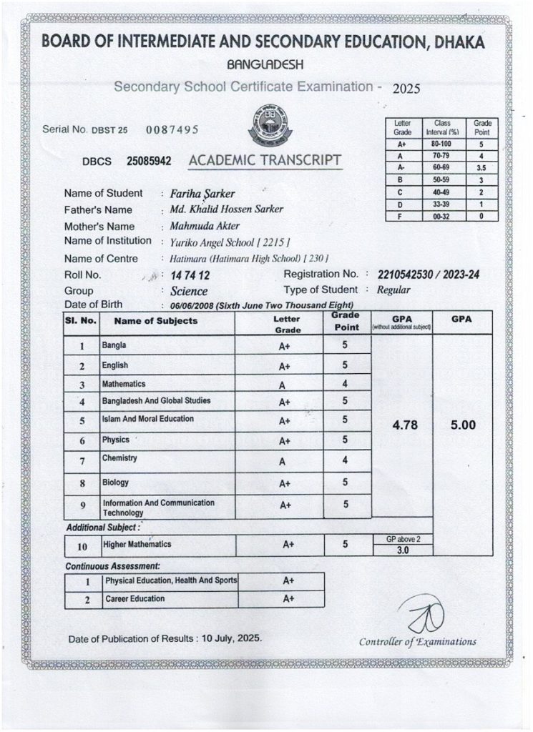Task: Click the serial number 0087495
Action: click(172, 130)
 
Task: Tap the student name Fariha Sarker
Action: click(198, 194)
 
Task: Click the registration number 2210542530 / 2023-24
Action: click(427, 275)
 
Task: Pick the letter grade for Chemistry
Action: click(282, 461)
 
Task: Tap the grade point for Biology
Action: click(345, 483)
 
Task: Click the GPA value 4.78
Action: click(401, 425)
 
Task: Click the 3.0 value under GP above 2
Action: click(402, 550)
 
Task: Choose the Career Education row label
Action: click(135, 598)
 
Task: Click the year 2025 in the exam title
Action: click(406, 90)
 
